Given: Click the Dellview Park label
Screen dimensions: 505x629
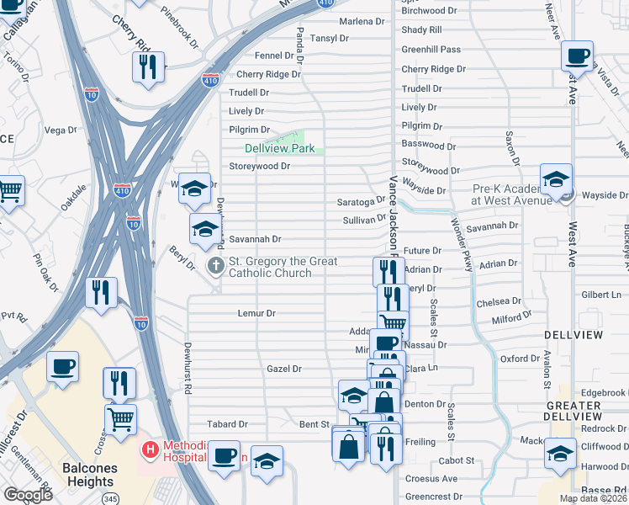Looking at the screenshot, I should click(x=279, y=148).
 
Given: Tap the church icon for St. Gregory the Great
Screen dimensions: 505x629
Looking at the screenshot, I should click(x=215, y=267).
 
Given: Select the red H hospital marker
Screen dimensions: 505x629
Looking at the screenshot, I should click(x=150, y=450).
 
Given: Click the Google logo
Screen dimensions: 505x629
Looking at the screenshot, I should click(x=28, y=495).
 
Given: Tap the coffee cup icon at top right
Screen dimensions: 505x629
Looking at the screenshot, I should click(x=577, y=57).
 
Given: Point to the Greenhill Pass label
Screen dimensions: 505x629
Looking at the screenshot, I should click(x=431, y=50).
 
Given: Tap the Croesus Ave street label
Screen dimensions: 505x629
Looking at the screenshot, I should click(x=433, y=478).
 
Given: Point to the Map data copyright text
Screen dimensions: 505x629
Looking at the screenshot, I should click(x=592, y=498).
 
